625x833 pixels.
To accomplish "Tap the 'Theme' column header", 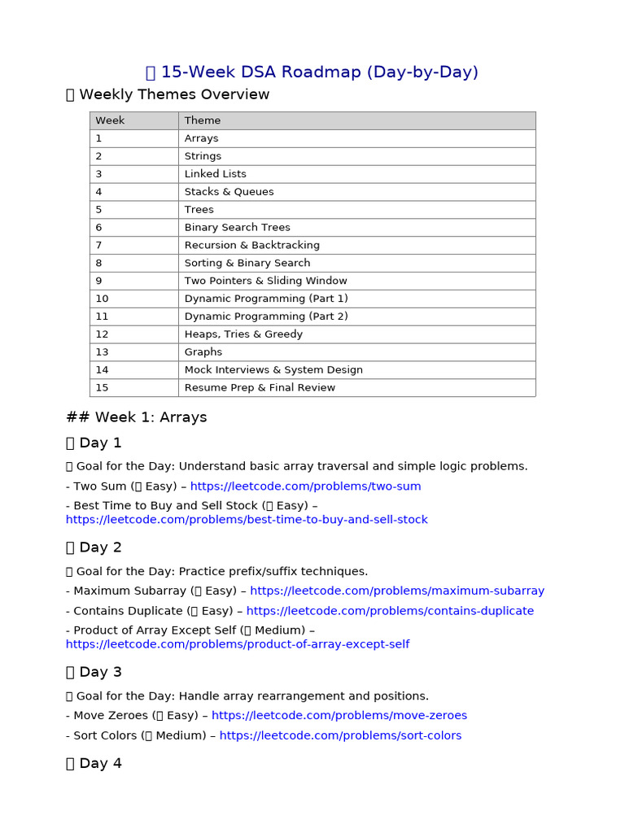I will [x=203, y=120].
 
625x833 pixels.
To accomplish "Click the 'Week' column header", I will [x=110, y=120].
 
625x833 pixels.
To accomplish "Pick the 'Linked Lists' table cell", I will [x=215, y=174].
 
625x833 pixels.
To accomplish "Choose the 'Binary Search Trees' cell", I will [x=237, y=228].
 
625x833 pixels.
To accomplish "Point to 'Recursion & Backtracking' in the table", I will [x=251, y=245].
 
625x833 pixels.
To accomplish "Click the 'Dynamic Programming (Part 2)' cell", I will [x=265, y=316].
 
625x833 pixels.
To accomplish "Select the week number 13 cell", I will [x=102, y=352].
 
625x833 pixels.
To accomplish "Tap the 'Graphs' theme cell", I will [x=203, y=352].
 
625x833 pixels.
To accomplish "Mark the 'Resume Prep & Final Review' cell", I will [x=260, y=388].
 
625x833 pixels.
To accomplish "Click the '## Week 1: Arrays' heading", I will [x=136, y=417].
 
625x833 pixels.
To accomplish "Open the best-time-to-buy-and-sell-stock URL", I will [x=247, y=520].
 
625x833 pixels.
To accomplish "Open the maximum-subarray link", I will [x=397, y=591].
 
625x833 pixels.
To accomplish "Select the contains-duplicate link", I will [x=390, y=611].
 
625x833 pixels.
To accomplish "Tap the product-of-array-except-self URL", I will [x=238, y=644].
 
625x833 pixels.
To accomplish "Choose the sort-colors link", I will [x=340, y=735].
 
